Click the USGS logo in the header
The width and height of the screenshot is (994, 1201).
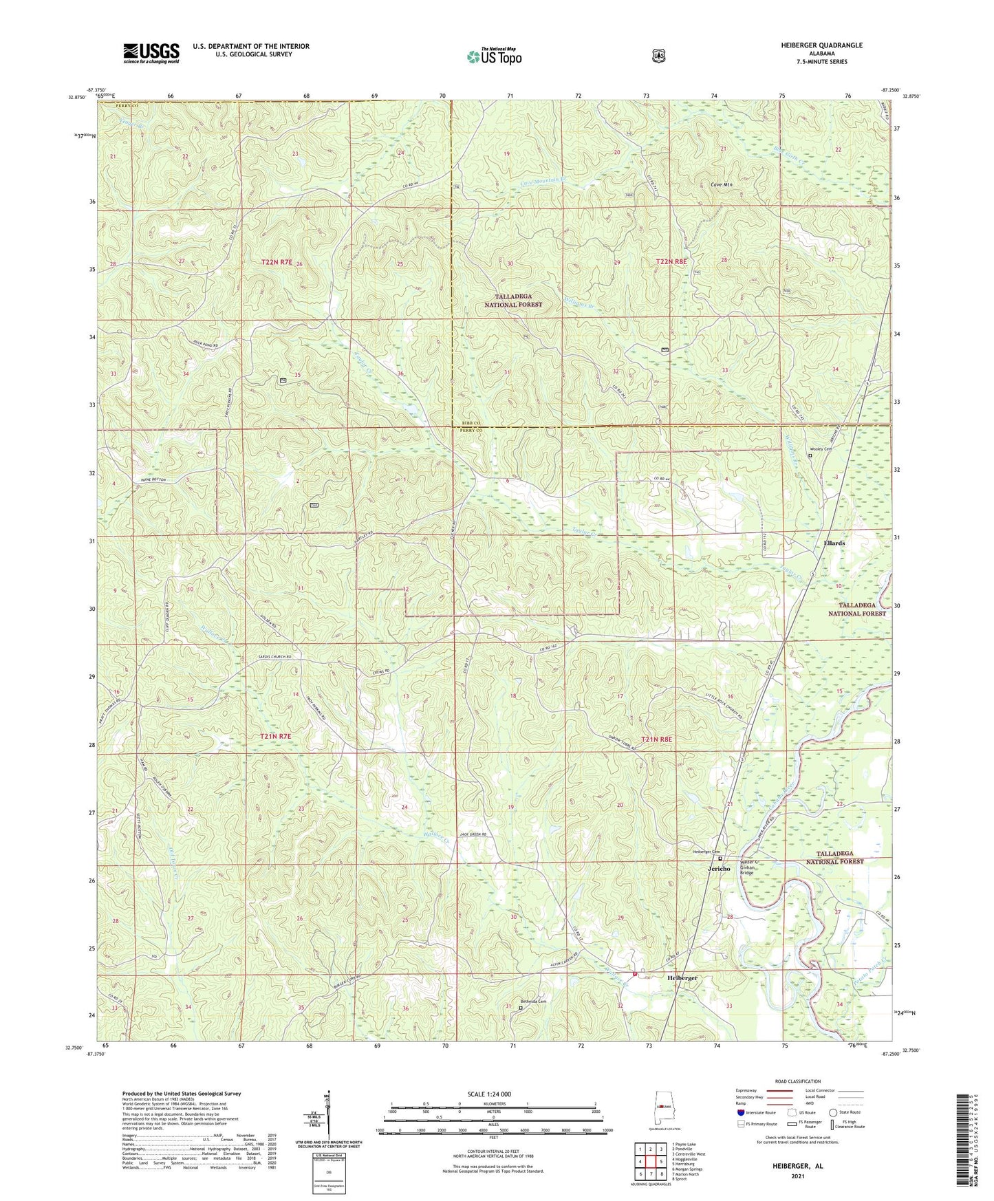coord(151,53)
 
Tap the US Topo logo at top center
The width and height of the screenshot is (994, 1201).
coord(493,56)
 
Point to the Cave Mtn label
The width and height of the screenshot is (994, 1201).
coord(721,185)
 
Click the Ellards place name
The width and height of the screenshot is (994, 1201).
coord(834,543)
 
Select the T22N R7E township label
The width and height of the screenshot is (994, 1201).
coord(277,262)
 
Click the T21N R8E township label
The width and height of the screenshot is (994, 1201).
coord(656,739)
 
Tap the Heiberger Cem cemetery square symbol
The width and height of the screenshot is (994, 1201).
coord(720,858)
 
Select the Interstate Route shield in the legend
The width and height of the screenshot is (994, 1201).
coord(740,1112)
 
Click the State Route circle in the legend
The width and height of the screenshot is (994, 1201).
coord(833,1112)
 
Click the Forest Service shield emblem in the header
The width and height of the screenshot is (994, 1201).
coord(658,55)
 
